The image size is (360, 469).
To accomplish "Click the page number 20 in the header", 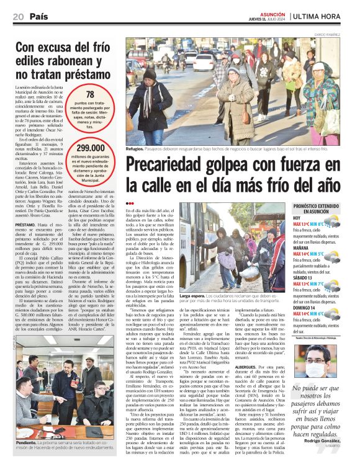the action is tap(18, 17).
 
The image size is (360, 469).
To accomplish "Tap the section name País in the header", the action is tap(39, 17).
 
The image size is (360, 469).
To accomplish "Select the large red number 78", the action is tap(90, 94).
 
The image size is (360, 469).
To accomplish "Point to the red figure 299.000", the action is tap(90, 148).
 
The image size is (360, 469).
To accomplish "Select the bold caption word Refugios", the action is tap(135, 150).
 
